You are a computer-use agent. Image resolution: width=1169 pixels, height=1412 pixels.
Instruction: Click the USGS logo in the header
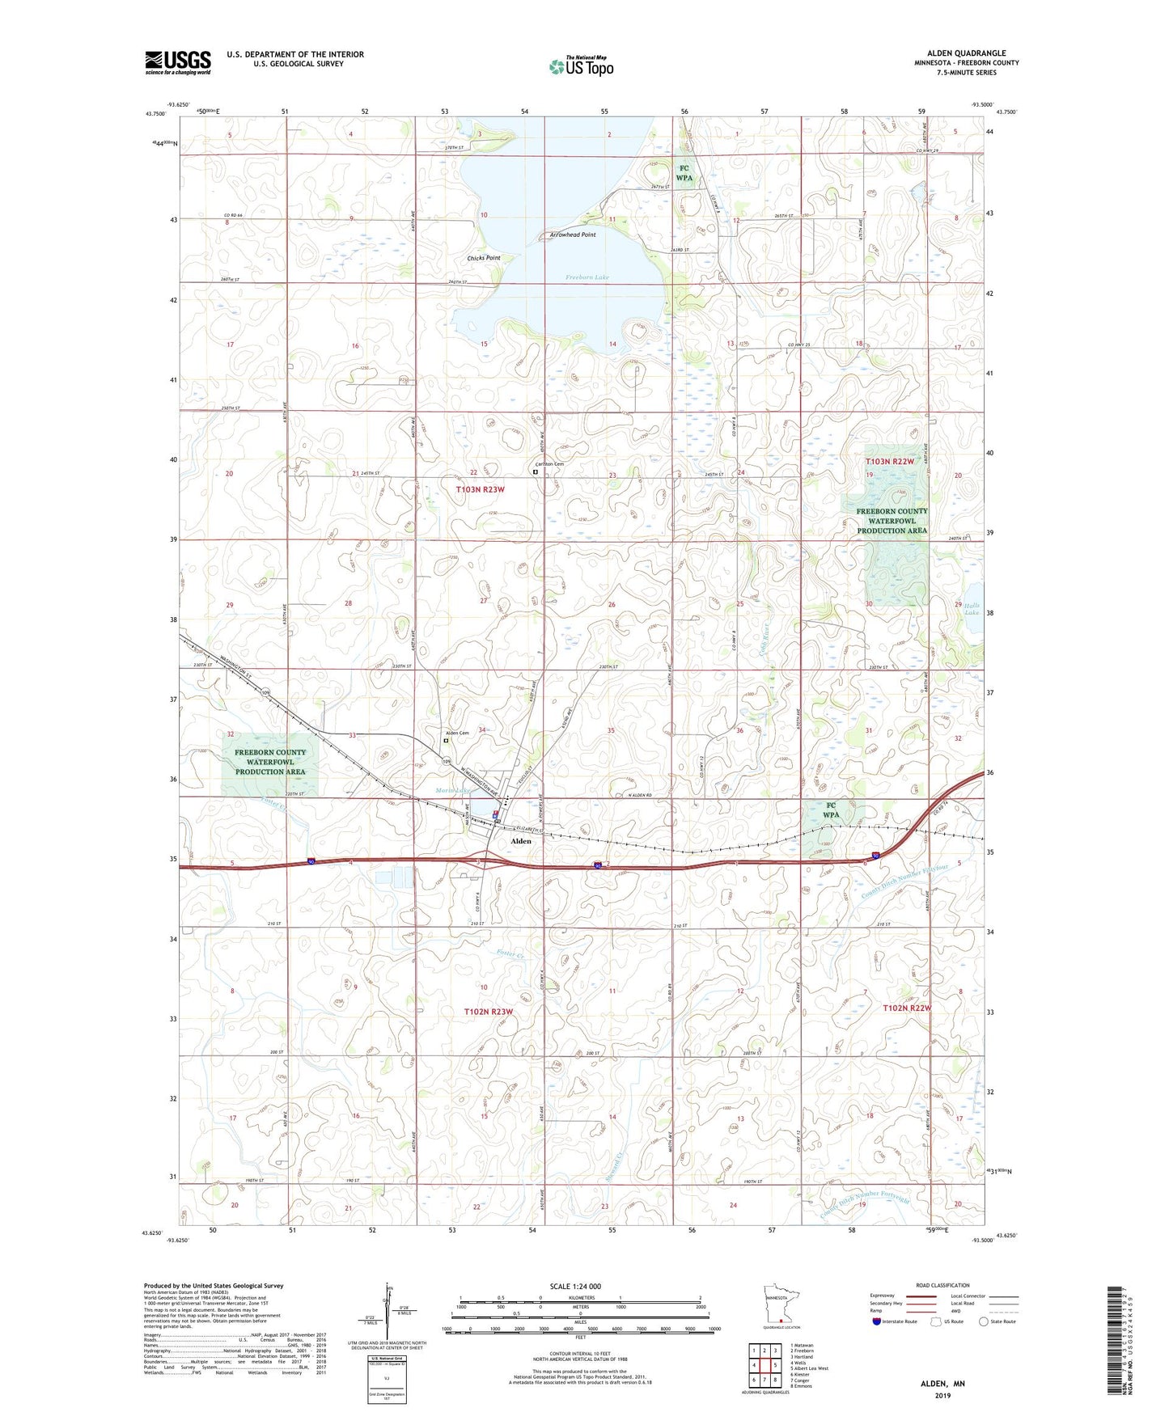[178, 62]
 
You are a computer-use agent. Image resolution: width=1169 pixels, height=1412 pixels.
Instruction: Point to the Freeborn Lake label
[587, 277]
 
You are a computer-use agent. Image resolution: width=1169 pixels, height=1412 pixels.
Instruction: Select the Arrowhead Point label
[572, 235]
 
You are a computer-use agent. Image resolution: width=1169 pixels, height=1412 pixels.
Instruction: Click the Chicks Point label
[484, 258]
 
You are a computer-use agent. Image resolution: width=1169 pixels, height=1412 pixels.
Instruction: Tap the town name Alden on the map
[521, 841]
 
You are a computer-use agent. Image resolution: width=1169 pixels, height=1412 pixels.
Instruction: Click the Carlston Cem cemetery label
[548, 464]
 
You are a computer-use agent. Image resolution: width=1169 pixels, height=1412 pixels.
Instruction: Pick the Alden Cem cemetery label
[457, 733]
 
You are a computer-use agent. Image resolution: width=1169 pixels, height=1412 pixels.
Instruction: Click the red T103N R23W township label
[480, 489]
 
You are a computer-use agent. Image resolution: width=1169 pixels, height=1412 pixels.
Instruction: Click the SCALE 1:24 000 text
[575, 1286]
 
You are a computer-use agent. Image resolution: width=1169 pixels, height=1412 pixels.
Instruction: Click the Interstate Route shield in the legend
[878, 1321]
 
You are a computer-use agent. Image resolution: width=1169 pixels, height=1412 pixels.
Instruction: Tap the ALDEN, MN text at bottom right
[942, 1384]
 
